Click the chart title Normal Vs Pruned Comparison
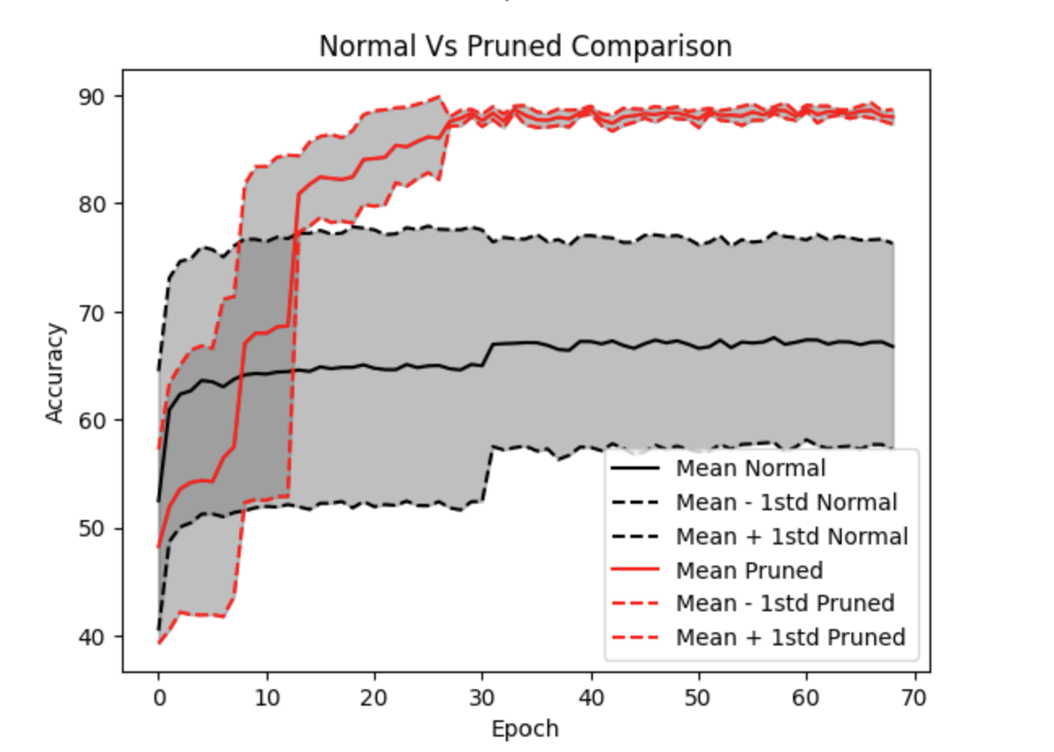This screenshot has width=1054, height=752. coord(525,46)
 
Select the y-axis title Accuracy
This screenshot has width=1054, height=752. coord(54,373)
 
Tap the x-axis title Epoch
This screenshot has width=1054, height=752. coord(525,728)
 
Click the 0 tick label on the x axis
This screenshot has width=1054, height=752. coord(159,697)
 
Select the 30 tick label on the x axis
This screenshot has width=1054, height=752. coord(483,697)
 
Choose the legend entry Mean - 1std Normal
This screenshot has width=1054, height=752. coord(786,503)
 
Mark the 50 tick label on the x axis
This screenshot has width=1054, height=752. coord(699,697)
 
